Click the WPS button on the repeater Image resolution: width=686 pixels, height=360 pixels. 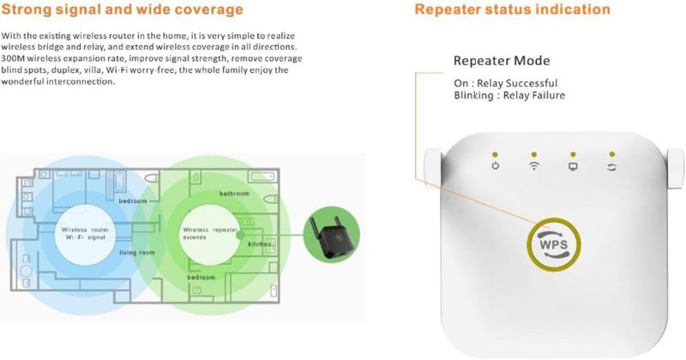(553, 244)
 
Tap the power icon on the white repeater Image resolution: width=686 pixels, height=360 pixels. (495, 165)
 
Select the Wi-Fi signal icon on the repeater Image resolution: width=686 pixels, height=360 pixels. (533, 165)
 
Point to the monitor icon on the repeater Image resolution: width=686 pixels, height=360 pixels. (573, 166)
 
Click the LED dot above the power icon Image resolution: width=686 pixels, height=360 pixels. (495, 154)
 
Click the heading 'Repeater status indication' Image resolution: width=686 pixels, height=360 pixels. (512, 9)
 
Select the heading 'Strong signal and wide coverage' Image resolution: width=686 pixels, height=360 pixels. (122, 9)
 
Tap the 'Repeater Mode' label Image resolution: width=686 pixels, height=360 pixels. (502, 60)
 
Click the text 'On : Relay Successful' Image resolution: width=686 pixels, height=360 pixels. (505, 83)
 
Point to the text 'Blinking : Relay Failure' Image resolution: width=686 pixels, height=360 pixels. (509, 95)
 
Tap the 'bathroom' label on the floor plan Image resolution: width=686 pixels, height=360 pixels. (234, 194)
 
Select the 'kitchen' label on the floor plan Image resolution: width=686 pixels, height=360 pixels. (260, 243)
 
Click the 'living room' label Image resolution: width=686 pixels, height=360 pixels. (137, 252)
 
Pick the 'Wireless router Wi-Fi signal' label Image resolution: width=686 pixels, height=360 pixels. (85, 233)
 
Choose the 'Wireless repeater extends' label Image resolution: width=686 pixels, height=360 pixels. (210, 233)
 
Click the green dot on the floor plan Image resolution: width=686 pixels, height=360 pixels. (240, 235)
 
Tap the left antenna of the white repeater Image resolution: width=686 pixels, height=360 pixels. (432, 168)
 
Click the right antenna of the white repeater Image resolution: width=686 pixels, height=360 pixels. (675, 168)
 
